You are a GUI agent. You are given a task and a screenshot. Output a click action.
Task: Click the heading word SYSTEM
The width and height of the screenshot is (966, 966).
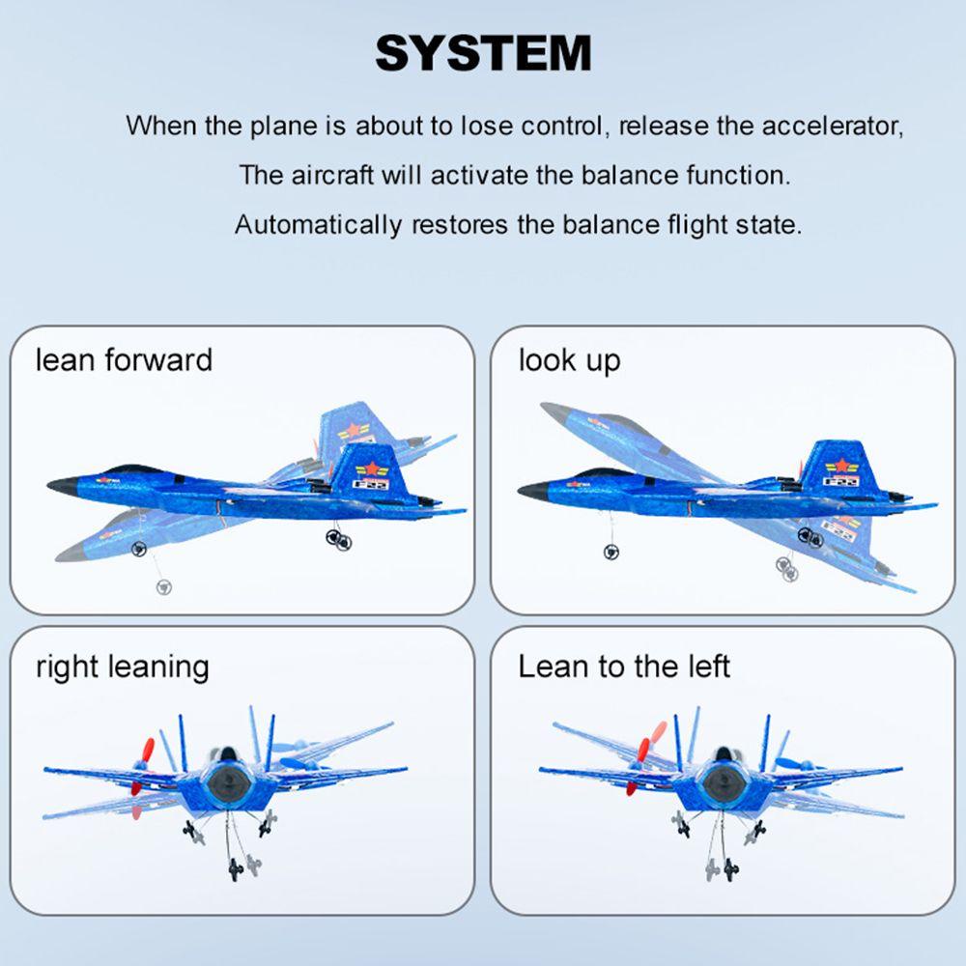[x=483, y=53]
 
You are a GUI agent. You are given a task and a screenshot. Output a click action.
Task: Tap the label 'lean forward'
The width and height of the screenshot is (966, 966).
[x=124, y=360]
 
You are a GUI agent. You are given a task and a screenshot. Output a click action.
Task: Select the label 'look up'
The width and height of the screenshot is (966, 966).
[x=569, y=360]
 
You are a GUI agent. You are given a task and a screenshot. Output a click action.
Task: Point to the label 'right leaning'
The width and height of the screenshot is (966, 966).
[x=122, y=667]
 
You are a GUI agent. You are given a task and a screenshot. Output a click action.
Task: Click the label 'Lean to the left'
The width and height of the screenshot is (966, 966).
[x=624, y=667]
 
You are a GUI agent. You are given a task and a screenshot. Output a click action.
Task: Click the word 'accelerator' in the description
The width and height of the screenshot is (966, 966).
[x=832, y=126]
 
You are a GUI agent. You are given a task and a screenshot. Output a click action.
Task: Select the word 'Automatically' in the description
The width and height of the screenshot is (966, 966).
[x=318, y=225]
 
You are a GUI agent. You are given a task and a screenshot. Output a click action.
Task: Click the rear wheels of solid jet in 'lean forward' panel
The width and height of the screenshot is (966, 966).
[x=337, y=538]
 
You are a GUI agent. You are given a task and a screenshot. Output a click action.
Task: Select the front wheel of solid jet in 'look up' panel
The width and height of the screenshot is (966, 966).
[x=611, y=551]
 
